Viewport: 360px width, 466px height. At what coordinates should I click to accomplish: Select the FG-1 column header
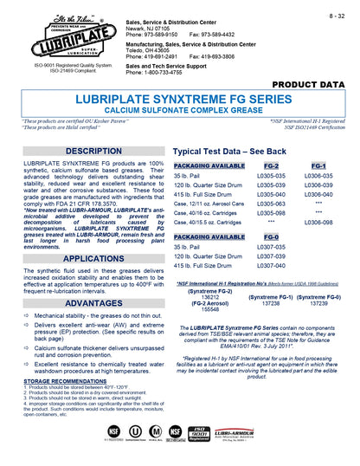coord(318,165)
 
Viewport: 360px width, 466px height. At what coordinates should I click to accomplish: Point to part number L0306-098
coord(318,222)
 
